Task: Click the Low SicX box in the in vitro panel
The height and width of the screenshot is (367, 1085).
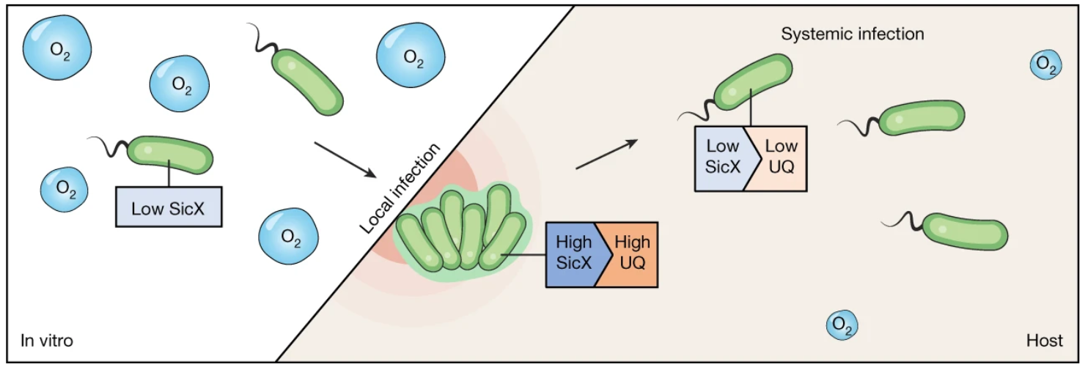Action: tap(169, 207)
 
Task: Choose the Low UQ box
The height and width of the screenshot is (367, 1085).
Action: tap(780, 157)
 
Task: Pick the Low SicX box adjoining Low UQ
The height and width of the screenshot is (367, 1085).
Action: tap(722, 157)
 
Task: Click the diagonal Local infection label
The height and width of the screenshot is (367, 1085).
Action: tap(400, 190)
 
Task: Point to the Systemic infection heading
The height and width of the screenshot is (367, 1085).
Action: tap(852, 34)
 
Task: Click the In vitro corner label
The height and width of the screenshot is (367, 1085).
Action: tap(46, 341)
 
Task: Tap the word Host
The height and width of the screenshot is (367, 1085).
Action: tap(1044, 341)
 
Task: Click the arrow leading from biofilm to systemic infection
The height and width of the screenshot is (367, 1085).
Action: tap(603, 155)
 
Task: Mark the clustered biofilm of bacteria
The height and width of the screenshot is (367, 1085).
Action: tap(462, 230)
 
